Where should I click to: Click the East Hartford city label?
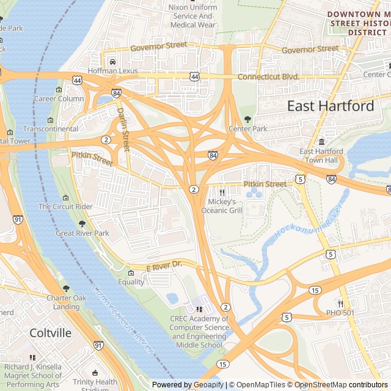(x=331, y=106)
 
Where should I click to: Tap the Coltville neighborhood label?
(x=51, y=333)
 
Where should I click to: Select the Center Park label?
(x=248, y=129)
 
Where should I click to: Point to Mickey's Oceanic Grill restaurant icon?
(x=222, y=192)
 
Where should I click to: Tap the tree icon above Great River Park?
(x=82, y=224)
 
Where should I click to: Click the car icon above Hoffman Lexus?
(x=112, y=62)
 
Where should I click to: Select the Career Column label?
(x=59, y=98)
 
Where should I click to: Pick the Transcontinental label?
(x=51, y=129)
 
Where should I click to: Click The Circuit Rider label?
(x=65, y=206)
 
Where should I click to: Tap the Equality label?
(x=131, y=282)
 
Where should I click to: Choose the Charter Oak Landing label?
(x=66, y=302)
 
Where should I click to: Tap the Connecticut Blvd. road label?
(x=268, y=77)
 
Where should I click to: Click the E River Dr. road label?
(x=164, y=266)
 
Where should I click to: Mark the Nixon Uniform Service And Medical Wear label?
(x=192, y=16)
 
